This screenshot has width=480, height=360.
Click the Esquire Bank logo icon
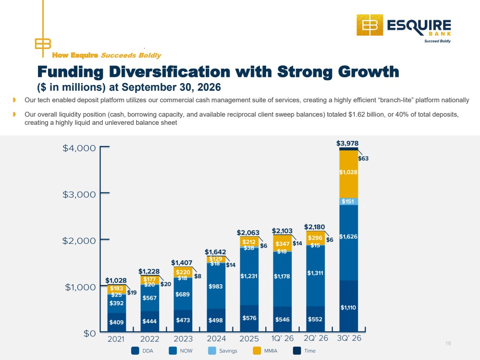pyautogui.click(x=370, y=25)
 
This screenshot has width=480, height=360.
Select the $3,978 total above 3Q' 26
pyautogui.click(x=347, y=143)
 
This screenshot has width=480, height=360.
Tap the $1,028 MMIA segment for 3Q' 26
pyautogui.click(x=348, y=174)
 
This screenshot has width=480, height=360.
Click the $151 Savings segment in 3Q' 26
pyautogui.click(x=348, y=201)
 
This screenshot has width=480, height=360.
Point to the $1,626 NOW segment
pyautogui.click(x=348, y=242)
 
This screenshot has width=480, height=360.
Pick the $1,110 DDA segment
pyautogui.click(x=348, y=306)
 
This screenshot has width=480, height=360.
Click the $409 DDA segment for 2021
pyautogui.click(x=116, y=323)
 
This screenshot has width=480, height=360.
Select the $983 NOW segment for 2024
pyautogui.click(x=216, y=286)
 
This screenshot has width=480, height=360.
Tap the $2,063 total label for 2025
pyautogui.click(x=248, y=233)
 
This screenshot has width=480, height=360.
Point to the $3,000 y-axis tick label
pyautogui.click(x=79, y=194)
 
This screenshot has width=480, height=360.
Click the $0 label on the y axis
pyautogui.click(x=90, y=334)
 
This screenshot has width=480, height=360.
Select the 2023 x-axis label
pyautogui.click(x=183, y=339)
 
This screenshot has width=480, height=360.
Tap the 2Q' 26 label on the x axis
pyautogui.click(x=316, y=338)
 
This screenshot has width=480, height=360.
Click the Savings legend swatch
pyautogui.click(x=212, y=351)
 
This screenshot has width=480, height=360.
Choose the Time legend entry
pyautogui.click(x=304, y=351)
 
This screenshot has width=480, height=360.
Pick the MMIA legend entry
pyautogui.click(x=265, y=351)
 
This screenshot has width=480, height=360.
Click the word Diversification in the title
pyautogui.click(x=170, y=72)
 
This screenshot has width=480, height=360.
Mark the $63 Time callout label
pyautogui.click(x=363, y=158)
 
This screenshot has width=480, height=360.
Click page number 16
pyautogui.click(x=448, y=344)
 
